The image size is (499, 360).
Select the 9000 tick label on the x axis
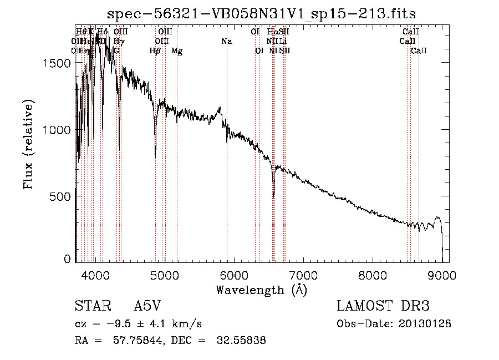point(442,275)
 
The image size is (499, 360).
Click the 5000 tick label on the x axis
point(164,275)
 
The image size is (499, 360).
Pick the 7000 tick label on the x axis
point(303,275)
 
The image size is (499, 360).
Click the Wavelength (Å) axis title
point(261,289)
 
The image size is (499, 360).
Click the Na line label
point(226,42)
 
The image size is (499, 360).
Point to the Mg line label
point(177,51)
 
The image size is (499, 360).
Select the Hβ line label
point(155,51)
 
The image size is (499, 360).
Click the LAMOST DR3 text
point(383,306)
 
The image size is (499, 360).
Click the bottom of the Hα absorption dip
point(273,194)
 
